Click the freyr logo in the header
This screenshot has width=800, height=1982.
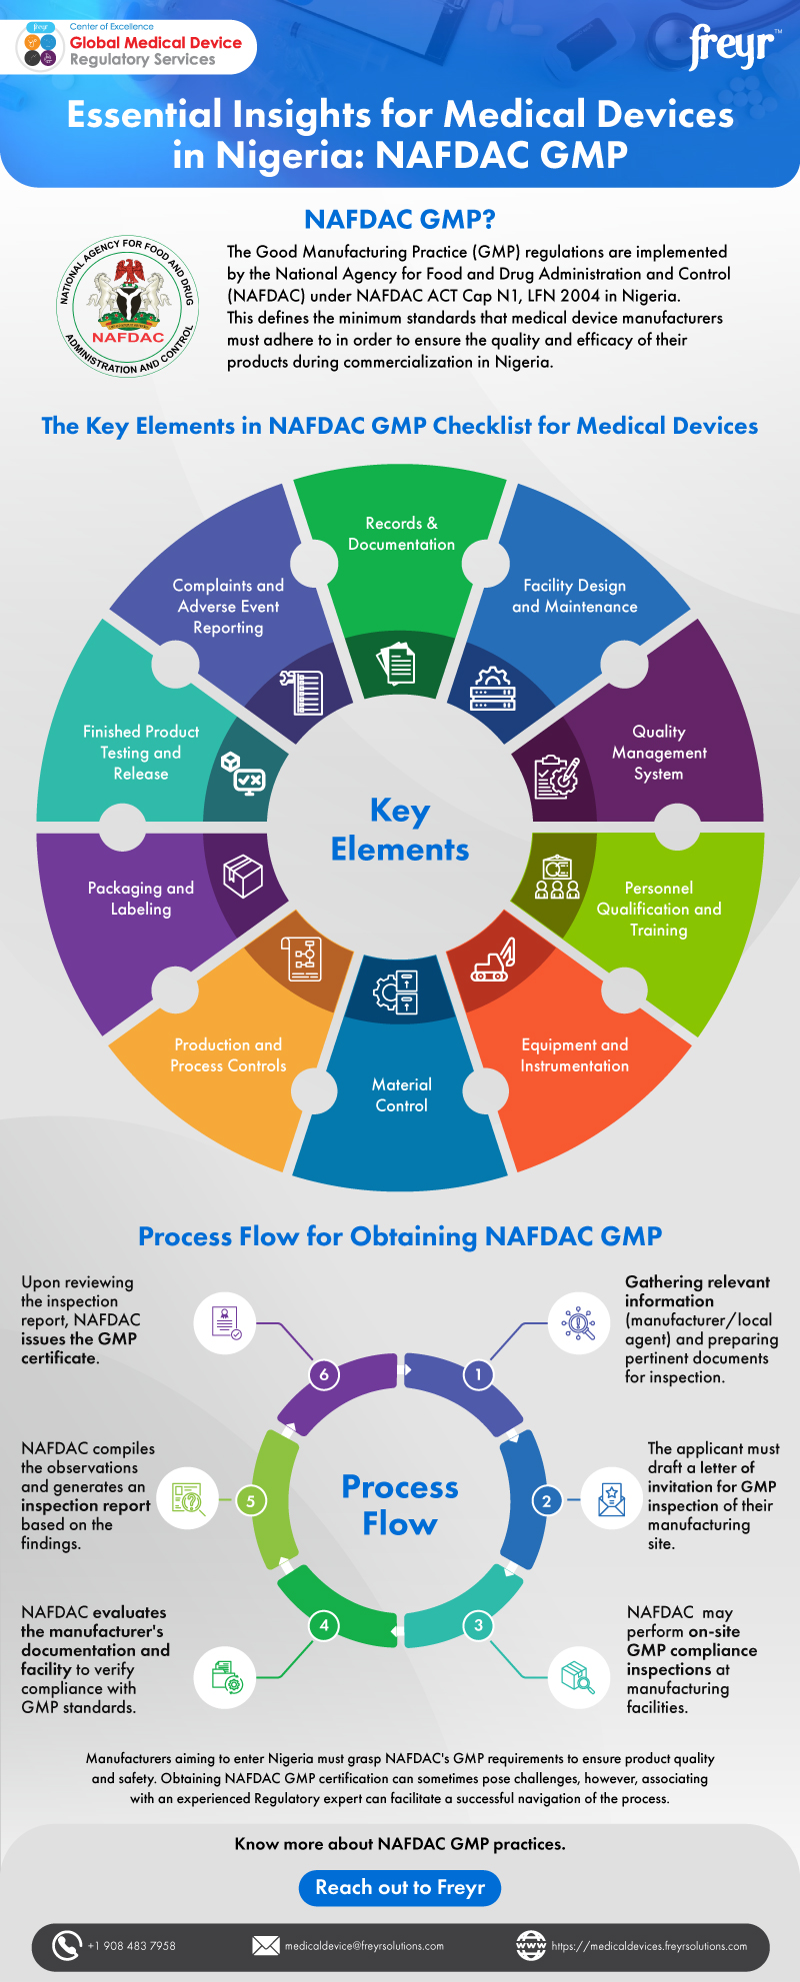(732, 47)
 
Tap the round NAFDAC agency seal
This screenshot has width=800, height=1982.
(128, 307)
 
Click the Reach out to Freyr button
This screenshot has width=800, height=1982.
(400, 1887)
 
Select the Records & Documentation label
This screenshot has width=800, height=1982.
(401, 534)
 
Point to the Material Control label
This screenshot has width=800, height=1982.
(401, 1094)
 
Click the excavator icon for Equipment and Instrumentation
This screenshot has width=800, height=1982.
(494, 960)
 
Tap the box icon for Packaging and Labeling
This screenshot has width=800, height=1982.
(243, 877)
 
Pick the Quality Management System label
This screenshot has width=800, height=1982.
(659, 753)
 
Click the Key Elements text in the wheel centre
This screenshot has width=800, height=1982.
(400, 830)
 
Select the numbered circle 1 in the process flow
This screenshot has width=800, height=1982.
(478, 1374)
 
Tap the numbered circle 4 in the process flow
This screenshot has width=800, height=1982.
(323, 1625)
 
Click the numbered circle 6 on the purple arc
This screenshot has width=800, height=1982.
(323, 1374)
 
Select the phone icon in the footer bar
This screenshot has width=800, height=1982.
(66, 1945)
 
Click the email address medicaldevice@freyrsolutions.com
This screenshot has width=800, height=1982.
(364, 1946)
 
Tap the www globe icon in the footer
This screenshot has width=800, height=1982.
(531, 1945)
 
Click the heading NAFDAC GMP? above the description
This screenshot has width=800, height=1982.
(400, 219)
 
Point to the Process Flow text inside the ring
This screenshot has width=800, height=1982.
(400, 1505)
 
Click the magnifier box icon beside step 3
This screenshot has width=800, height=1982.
(579, 1676)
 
